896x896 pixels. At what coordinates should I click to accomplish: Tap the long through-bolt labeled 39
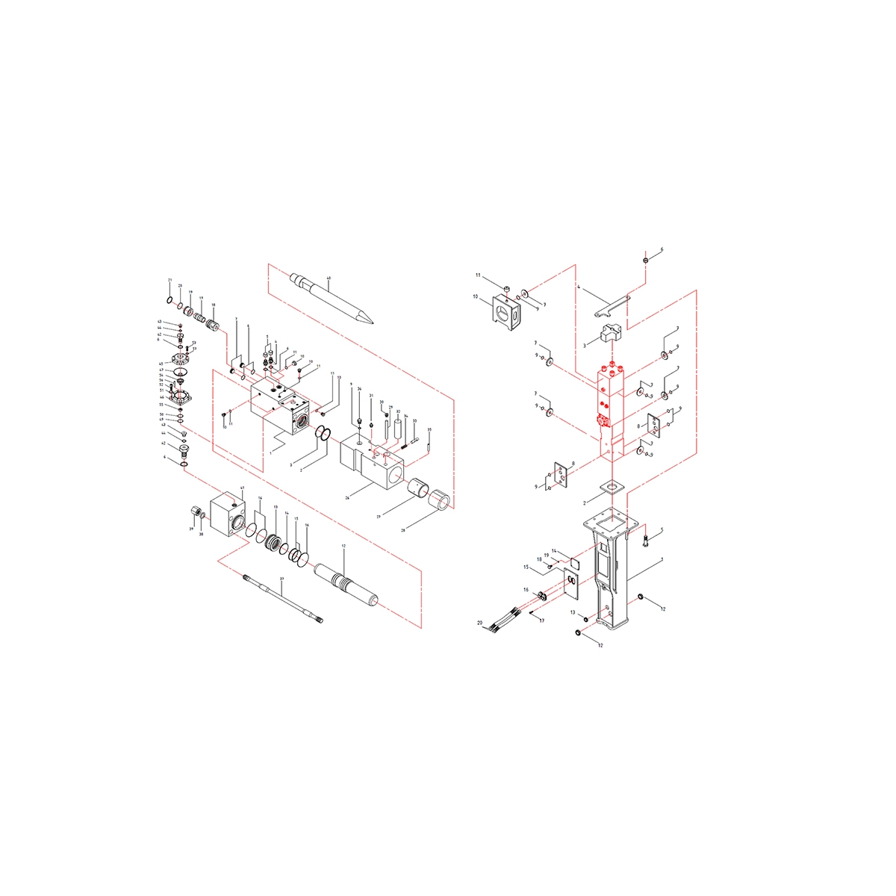click(282, 597)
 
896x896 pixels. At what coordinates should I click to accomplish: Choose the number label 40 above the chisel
click(329, 279)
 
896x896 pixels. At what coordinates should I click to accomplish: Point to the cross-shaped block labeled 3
click(609, 332)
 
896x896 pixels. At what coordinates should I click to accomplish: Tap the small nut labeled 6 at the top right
click(644, 261)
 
